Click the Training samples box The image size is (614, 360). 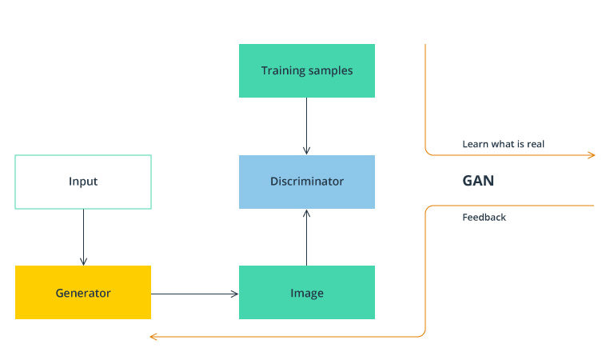point(307,70)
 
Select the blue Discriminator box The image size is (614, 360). point(307,182)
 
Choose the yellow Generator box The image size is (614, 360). point(83,293)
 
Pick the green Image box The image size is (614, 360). point(307,293)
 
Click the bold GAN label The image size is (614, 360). point(478,181)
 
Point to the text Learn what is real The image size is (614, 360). point(504,145)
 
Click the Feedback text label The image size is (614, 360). point(484,218)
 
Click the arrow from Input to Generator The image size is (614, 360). point(83,237)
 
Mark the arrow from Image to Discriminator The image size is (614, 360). point(307,237)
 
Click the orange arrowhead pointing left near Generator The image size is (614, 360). point(153,337)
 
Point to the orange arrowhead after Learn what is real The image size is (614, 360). point(592,154)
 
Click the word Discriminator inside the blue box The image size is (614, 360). point(307,182)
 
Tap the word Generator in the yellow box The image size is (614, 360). point(83,293)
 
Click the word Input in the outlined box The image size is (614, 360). point(83,182)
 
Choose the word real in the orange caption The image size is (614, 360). point(536,145)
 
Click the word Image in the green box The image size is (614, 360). point(307,293)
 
